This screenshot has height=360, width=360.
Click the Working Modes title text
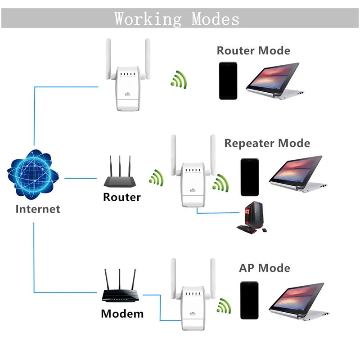pos(176,19)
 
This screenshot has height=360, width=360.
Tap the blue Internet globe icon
pos(34,173)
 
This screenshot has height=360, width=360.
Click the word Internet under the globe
pos(38,209)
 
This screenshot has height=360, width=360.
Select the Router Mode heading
pos(253,50)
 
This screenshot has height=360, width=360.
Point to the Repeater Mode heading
pos(267,144)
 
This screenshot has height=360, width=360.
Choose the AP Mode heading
pos(264,268)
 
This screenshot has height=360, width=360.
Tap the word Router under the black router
pos(121,197)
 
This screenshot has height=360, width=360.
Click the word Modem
pos(122,314)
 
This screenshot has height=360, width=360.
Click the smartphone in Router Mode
pos(228,81)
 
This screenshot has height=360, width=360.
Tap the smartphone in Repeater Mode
pos(249,177)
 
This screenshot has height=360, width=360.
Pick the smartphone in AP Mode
pos(249,300)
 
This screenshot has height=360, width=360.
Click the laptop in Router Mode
pos(274,81)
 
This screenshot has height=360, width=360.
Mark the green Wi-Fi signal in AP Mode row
pos(222,307)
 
